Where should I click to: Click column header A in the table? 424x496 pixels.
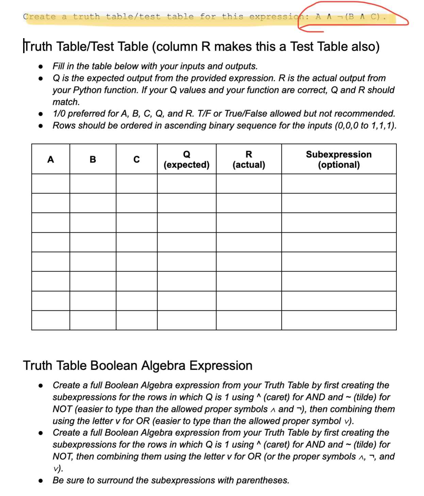(51, 159)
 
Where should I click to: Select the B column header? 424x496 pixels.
(93, 159)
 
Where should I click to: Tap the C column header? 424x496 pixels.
(136, 159)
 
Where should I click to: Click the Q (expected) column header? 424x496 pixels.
(186, 159)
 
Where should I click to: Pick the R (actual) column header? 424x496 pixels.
(249, 159)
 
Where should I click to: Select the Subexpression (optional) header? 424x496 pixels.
(339, 159)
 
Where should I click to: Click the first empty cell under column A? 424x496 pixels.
(51, 184)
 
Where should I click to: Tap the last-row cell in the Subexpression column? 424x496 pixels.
(339, 320)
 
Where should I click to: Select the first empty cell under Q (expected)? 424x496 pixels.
(186, 184)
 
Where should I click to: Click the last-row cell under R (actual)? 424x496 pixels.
(249, 320)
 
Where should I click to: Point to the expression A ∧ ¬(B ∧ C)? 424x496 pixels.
(350, 17)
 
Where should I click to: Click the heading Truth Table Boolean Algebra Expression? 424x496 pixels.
(137, 366)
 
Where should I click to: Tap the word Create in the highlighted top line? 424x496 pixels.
(39, 17)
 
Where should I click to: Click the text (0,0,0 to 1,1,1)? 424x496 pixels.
(365, 125)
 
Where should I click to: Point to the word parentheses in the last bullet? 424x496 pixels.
(262, 480)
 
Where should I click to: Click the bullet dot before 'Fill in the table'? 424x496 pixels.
(41, 66)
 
